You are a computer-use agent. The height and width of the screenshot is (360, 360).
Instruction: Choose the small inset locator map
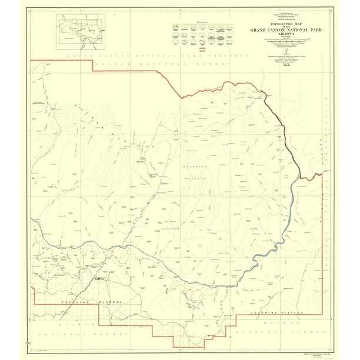[82, 34]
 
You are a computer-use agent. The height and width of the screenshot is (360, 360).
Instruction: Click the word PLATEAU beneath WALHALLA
[192, 175]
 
